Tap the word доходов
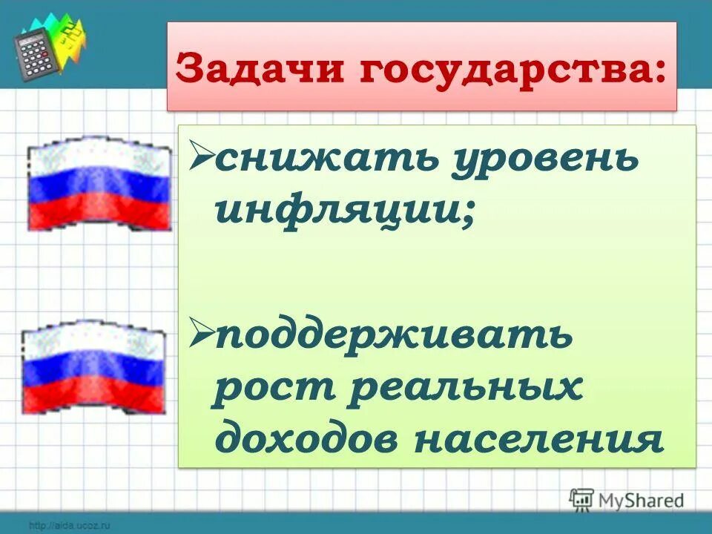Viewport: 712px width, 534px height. click(x=304, y=438)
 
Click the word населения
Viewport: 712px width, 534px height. click(x=537, y=438)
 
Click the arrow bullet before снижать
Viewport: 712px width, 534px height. click(x=200, y=157)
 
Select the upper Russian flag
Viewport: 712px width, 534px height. click(x=98, y=184)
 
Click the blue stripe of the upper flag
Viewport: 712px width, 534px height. click(x=98, y=182)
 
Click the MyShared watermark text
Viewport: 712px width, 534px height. click(x=642, y=501)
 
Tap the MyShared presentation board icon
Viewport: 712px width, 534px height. click(x=582, y=500)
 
